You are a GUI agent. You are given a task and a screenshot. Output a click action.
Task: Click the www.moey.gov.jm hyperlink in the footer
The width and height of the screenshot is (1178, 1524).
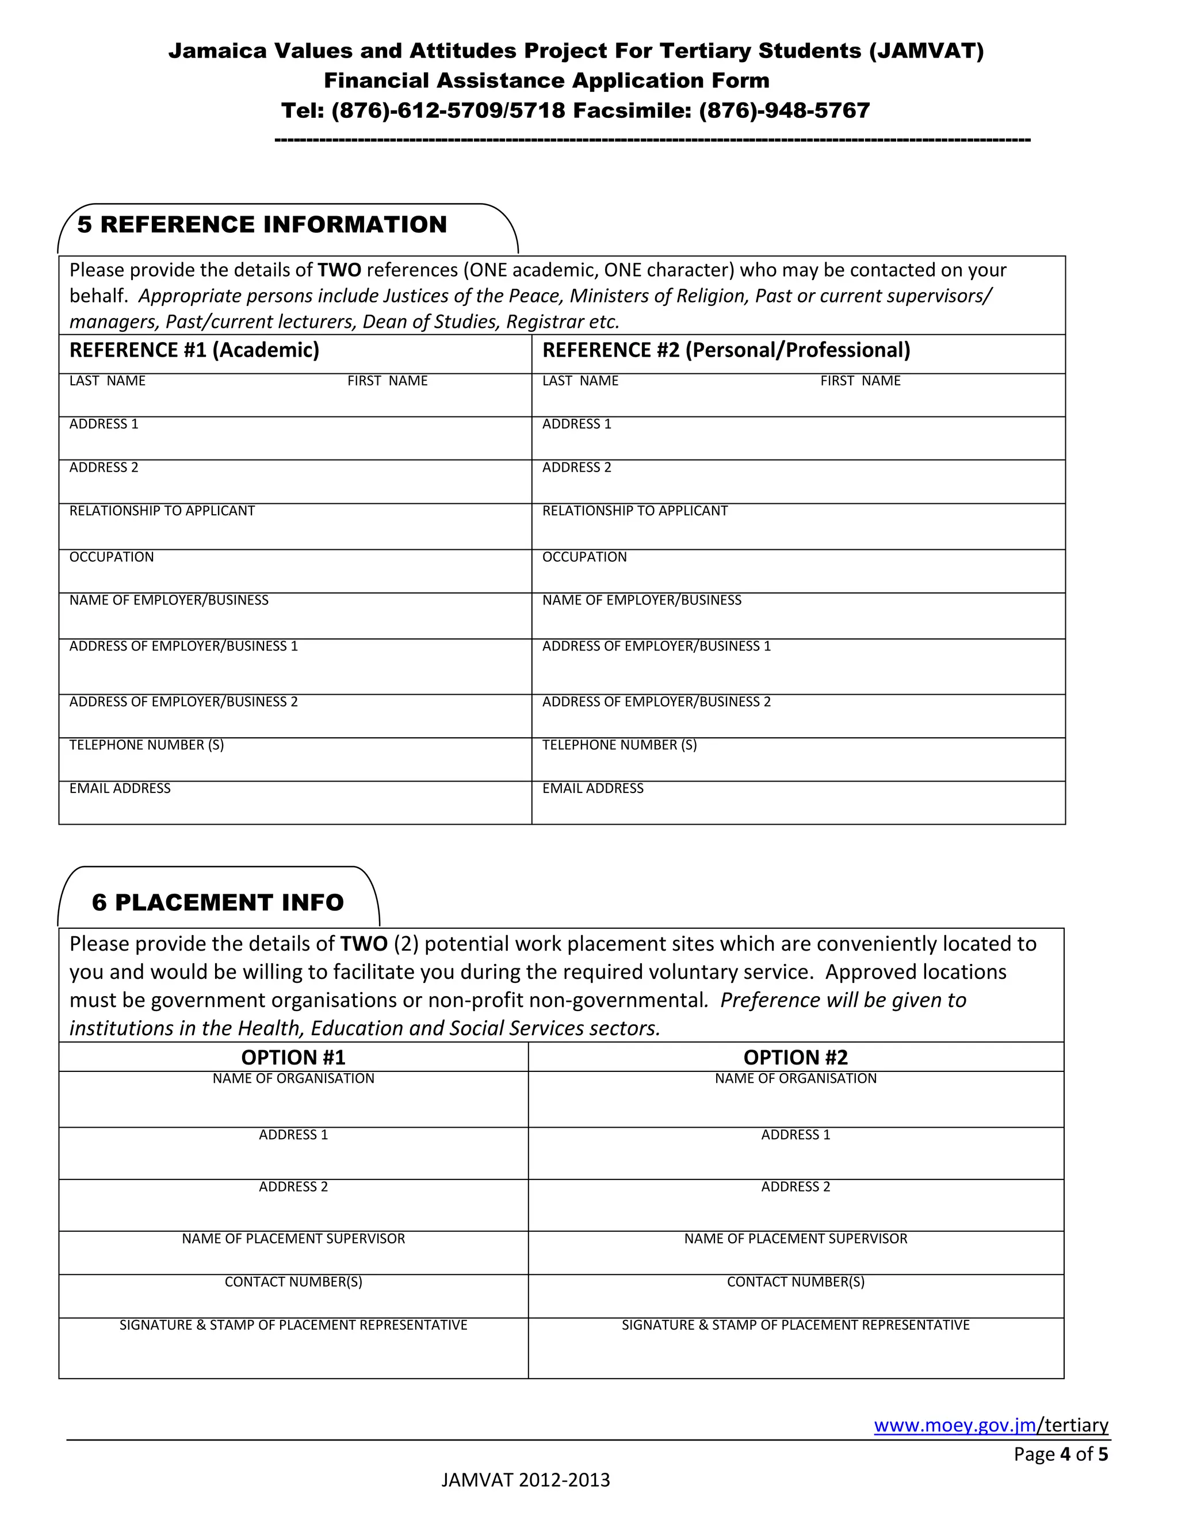(x=955, y=1425)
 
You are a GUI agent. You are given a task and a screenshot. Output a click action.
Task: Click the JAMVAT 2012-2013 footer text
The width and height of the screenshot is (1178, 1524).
(x=526, y=1480)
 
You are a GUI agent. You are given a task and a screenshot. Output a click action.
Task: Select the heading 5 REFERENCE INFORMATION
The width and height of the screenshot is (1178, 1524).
(x=262, y=225)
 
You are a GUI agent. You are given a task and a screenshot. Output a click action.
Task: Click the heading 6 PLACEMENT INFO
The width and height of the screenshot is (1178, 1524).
(x=218, y=902)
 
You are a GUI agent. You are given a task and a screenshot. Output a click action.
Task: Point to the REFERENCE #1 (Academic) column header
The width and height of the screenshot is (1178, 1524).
(x=194, y=350)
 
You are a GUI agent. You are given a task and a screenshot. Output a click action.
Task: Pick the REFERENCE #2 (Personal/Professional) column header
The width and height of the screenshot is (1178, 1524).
(x=726, y=350)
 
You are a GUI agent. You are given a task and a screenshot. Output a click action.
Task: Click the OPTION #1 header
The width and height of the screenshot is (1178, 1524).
(x=293, y=1057)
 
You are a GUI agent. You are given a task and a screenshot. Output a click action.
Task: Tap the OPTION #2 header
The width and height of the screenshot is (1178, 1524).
(x=795, y=1057)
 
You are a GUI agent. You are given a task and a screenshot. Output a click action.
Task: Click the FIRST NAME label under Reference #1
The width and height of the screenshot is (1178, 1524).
(x=387, y=381)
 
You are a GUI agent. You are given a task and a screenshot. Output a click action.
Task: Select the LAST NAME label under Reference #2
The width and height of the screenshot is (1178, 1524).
(x=580, y=381)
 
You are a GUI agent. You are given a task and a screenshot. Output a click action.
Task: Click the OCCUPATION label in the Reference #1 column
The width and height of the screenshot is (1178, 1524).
(x=112, y=557)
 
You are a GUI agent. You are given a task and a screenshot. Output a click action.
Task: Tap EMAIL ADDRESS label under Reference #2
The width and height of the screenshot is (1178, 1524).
(x=592, y=788)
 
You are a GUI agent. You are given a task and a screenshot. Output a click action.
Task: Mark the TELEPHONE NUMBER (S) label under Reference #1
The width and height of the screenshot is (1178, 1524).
(x=147, y=745)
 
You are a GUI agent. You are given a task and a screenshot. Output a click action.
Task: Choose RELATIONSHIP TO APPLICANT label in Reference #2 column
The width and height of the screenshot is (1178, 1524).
(x=634, y=511)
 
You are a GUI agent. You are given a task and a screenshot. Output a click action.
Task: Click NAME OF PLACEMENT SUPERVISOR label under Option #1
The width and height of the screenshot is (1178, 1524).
(x=293, y=1239)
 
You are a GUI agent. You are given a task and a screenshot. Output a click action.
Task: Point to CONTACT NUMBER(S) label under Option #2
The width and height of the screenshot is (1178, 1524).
(x=795, y=1282)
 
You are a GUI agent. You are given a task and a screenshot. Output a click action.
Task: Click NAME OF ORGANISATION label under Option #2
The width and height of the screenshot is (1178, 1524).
(x=795, y=1079)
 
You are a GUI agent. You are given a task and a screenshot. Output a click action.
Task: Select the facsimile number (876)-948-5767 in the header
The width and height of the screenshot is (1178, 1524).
(x=785, y=110)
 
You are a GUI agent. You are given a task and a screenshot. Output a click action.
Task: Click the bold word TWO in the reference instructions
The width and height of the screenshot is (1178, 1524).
(x=339, y=270)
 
